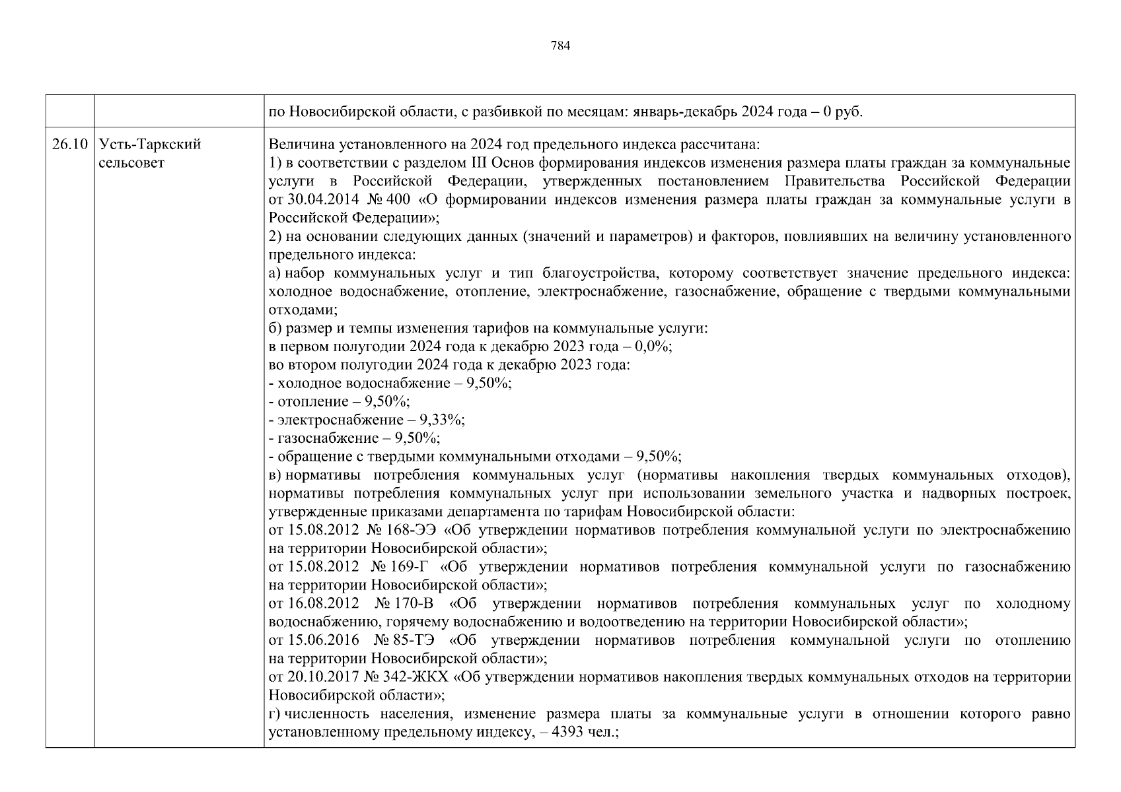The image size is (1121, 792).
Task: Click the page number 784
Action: tap(560, 46)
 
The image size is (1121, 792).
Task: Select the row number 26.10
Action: tap(69, 145)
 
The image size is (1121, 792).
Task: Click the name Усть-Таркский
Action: tap(149, 145)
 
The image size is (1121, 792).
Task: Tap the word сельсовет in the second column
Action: tap(131, 163)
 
